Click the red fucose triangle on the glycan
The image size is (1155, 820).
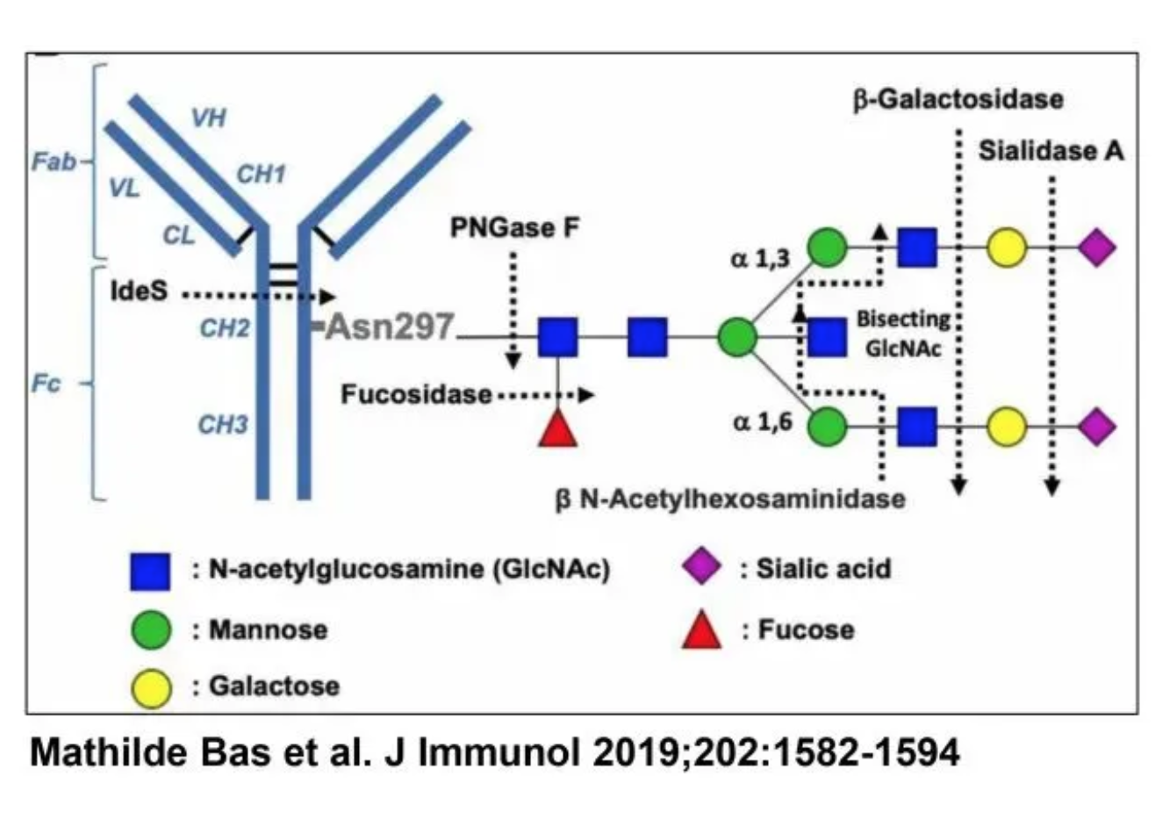point(557,429)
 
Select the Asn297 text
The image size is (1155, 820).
point(391,327)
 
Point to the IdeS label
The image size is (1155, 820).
point(139,291)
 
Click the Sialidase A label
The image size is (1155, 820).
point(1051,151)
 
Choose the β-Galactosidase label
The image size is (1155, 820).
point(958,99)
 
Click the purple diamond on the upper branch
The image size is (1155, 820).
point(1096,248)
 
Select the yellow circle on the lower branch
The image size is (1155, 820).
point(1007,427)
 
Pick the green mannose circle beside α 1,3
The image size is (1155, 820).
point(827,248)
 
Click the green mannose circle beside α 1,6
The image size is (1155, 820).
point(827,427)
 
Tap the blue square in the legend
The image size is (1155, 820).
point(150,572)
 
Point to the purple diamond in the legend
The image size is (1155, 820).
point(702,567)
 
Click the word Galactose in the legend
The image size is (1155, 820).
point(274,686)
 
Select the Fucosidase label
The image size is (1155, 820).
point(416,394)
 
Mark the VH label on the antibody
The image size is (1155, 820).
point(209,118)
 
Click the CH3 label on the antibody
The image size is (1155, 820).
point(222,425)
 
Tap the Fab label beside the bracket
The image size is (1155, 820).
point(54,162)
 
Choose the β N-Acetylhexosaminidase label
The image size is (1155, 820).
point(729,500)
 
